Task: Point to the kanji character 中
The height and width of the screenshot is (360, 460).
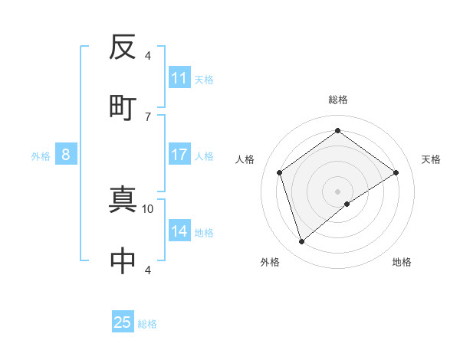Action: point(123,261)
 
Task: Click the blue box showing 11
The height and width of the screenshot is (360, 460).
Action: point(179,78)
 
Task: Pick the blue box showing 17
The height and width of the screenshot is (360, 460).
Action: point(179,155)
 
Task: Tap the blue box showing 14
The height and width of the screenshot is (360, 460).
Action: point(179,231)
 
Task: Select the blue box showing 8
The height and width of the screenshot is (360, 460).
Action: point(66,155)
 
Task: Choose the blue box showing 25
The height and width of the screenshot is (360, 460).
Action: point(123,322)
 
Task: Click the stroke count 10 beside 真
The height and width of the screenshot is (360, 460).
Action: point(148,208)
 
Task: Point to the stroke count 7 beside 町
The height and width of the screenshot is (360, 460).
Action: point(148,116)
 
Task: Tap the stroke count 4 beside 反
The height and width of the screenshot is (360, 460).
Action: point(148,56)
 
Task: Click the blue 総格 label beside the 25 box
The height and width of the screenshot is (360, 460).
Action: point(147,324)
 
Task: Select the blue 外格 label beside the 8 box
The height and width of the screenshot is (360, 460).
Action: point(41,156)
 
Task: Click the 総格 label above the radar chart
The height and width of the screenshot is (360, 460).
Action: point(337,100)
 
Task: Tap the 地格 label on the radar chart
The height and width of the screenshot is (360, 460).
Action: point(402,262)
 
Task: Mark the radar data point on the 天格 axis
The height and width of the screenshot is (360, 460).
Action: point(396,172)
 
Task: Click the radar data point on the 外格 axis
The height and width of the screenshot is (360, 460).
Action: point(301,242)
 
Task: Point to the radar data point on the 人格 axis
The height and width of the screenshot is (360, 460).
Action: point(280,172)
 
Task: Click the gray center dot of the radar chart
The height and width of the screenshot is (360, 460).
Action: point(337,191)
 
